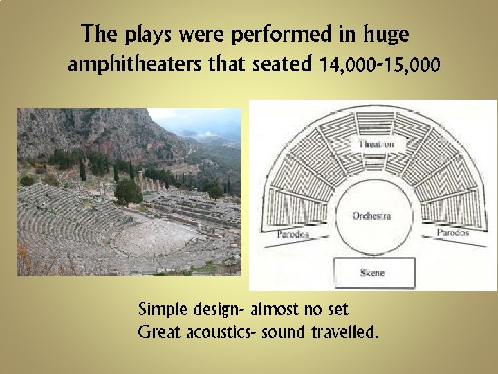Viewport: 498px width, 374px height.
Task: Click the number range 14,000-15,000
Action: [x=379, y=65]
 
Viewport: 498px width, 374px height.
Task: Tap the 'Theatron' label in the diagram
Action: [x=376, y=144]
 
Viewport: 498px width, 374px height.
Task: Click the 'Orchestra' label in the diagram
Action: [x=371, y=215]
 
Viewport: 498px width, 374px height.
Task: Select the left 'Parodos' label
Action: [x=293, y=234]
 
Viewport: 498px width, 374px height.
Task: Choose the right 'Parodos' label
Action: [x=452, y=233]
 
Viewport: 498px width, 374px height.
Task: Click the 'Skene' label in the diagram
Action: [x=371, y=273]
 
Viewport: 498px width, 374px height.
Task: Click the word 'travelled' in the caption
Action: [x=346, y=332]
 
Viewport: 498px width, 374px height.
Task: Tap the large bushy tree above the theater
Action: [x=128, y=192]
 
